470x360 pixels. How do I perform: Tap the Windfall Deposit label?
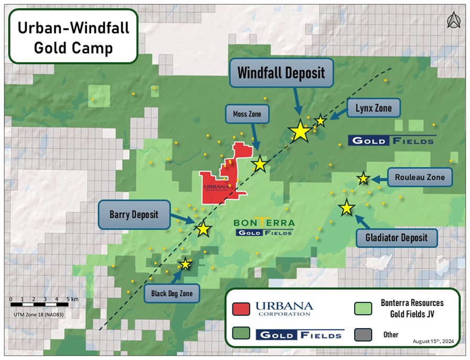tap(281, 73)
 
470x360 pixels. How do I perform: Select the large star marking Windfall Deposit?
tap(300, 131)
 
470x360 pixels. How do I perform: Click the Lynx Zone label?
tap(373, 109)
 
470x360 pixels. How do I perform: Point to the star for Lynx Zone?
tap(320, 121)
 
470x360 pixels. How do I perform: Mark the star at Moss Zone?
tap(260, 165)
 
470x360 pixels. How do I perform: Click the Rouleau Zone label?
tap(419, 177)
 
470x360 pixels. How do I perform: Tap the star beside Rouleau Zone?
tap(363, 179)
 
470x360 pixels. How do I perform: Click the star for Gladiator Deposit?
tap(346, 208)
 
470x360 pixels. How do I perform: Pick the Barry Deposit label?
tap(134, 214)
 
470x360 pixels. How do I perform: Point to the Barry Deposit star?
tap(204, 228)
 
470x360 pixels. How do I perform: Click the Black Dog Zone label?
tap(172, 294)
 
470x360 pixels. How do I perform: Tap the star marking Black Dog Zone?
tap(185, 264)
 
